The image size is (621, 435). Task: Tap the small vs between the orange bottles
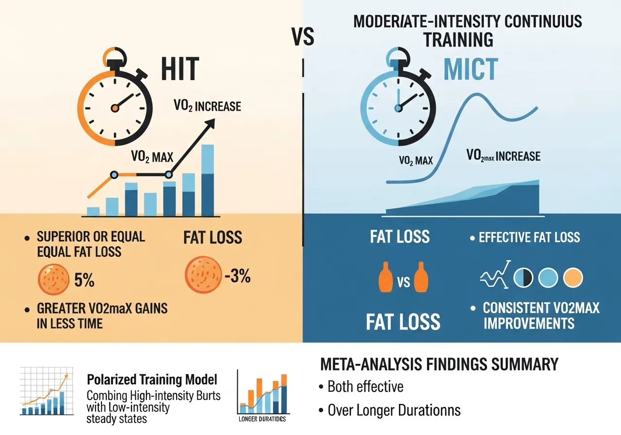(401, 282)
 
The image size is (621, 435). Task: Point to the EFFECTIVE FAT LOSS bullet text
(529, 237)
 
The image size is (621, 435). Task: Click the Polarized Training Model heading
(152, 379)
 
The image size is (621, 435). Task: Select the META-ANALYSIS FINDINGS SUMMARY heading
(439, 364)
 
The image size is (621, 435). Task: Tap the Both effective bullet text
(365, 387)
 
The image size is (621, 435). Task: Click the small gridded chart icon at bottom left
(43, 391)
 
